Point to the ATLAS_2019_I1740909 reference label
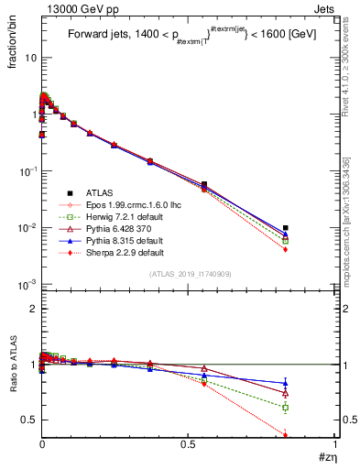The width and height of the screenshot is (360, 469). (190, 275)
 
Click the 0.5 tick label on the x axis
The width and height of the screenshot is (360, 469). (189, 446)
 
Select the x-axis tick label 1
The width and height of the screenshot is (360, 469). (336, 446)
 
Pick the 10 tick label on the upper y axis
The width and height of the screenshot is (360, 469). (29, 58)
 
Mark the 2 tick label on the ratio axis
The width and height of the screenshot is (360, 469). (32, 310)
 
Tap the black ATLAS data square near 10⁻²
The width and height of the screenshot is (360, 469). (286, 228)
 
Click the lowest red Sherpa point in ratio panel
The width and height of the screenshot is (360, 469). (286, 434)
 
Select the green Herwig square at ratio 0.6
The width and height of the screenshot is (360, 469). (286, 407)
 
